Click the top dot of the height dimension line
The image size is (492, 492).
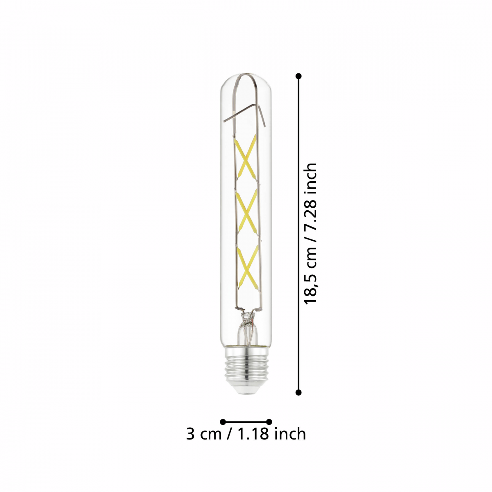pos(298,76)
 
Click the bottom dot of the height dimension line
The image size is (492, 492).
pos(298,392)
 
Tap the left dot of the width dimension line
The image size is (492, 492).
pos(223,421)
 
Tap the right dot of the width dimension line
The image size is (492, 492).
pos(269,421)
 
